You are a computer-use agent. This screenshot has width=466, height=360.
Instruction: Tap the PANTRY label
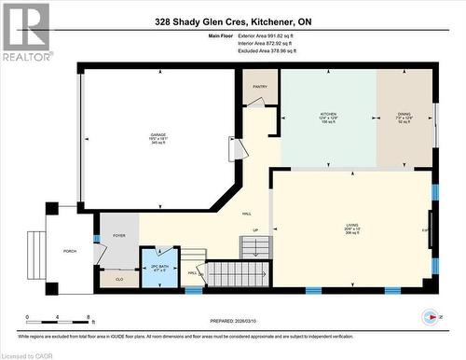click(x=259, y=87)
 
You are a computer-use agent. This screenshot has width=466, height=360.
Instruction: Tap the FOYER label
click(x=119, y=236)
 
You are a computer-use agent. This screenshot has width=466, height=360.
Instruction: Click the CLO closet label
click(x=118, y=278)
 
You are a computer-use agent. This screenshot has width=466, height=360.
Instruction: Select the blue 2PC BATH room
click(x=159, y=269)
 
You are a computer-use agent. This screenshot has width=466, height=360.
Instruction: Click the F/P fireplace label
click(x=424, y=229)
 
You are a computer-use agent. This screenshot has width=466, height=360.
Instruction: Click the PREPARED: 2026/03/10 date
click(x=239, y=322)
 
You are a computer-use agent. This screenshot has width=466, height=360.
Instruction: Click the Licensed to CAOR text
click(x=30, y=353)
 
